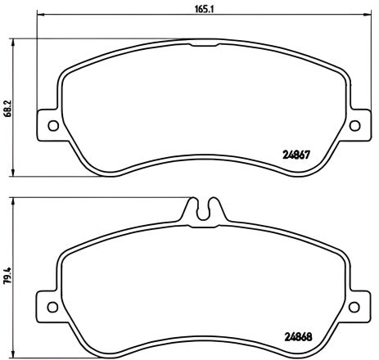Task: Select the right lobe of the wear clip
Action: [x=214, y=207]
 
